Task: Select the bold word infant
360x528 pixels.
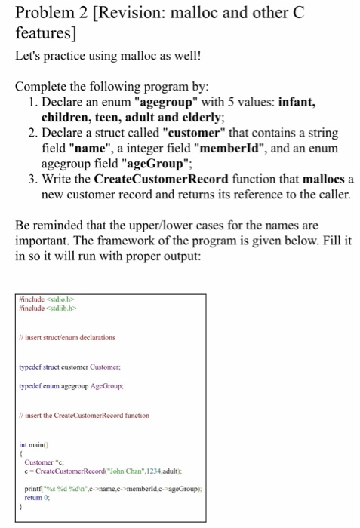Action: tap(302, 103)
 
